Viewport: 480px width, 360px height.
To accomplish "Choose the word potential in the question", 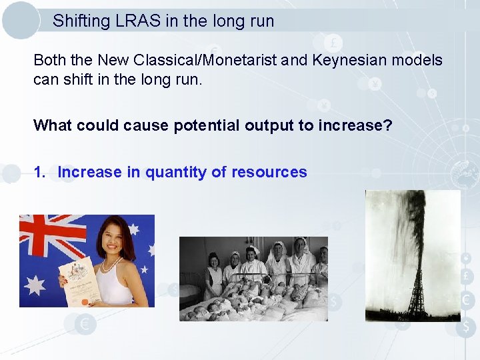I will point(209,125).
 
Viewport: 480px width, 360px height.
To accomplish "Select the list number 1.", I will point(40,172).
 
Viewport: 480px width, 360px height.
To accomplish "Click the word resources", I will point(269,172).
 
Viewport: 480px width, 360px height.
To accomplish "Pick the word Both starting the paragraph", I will point(49,60).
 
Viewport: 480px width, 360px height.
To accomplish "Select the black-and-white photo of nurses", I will point(253,279).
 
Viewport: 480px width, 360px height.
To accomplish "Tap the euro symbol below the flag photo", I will point(85,325).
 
